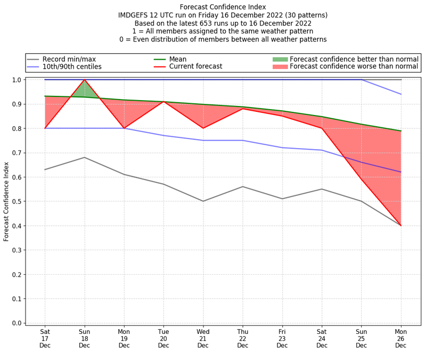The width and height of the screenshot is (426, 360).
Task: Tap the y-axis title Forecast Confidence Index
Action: (x=6, y=201)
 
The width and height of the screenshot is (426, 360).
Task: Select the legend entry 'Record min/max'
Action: (x=69, y=59)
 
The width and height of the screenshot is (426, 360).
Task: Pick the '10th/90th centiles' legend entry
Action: (x=72, y=67)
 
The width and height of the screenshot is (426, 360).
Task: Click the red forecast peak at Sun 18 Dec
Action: (x=85, y=80)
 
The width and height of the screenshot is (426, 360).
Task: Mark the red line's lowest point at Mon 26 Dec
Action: (x=400, y=225)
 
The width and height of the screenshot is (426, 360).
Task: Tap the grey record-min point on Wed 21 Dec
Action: (x=203, y=201)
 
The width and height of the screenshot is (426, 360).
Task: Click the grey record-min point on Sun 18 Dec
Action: (x=85, y=157)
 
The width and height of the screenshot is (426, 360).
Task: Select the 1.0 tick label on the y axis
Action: (x=17, y=80)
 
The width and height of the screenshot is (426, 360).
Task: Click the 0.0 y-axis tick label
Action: (x=17, y=323)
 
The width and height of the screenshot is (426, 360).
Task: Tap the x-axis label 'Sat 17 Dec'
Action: (x=45, y=338)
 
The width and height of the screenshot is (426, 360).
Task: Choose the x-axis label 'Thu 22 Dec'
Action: (x=243, y=338)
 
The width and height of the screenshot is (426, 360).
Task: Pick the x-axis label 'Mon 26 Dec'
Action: (x=400, y=338)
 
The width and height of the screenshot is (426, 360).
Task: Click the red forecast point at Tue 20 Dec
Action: (x=163, y=102)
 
